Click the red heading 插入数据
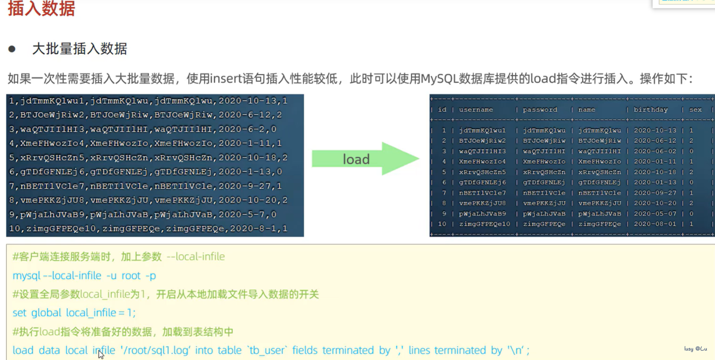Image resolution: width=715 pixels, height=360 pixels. pos(41,9)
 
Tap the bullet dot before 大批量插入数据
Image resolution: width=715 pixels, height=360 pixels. pos(12,49)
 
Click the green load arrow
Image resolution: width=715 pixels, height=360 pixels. pos(365,159)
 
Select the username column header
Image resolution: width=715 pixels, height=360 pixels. pos(476,110)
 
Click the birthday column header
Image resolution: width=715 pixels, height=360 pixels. pos(650,110)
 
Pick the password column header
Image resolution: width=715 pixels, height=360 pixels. pos(540,110)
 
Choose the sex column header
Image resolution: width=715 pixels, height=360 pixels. pos(695,110)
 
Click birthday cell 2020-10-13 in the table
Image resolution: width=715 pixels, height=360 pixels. pos(655,130)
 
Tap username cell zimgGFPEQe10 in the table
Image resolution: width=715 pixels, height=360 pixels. pos(484,224)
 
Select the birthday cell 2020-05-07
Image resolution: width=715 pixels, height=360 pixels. pos(655,214)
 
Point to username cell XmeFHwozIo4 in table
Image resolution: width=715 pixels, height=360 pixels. pos(482,162)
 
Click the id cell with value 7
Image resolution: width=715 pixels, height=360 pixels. pos(444,193)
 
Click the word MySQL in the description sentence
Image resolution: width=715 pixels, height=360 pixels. pos(439,78)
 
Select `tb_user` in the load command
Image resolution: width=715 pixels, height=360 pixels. pos(267,350)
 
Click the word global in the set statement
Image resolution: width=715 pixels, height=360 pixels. pos(46,313)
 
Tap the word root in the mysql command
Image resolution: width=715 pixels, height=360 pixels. pos(131,276)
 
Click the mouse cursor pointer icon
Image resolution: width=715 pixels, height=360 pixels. pos(101,354)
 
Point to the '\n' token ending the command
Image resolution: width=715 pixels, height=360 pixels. pos(516,350)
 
